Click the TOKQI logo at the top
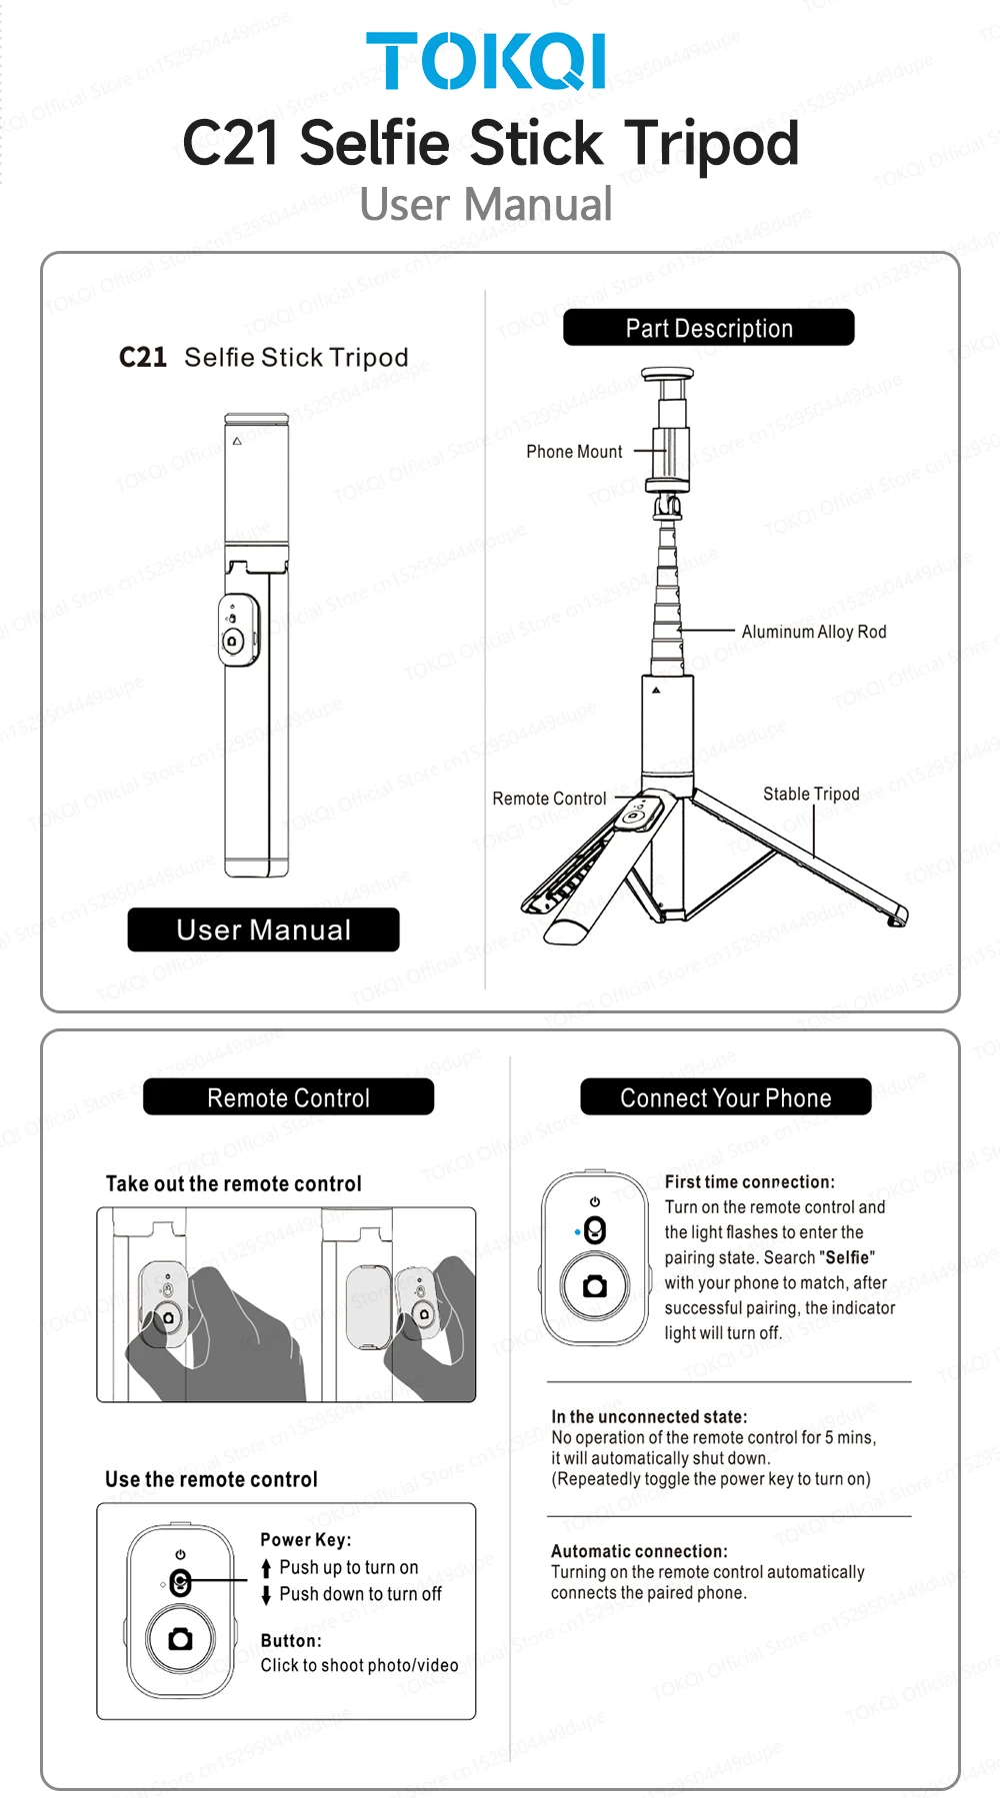[x=486, y=61]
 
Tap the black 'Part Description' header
[x=709, y=328]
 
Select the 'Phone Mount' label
[x=574, y=452]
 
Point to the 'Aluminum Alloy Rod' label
[x=814, y=632]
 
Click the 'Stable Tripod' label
[x=811, y=794]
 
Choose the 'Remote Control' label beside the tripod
[x=549, y=799]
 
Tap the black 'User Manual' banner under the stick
[x=263, y=929]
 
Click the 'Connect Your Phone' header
[x=726, y=1097]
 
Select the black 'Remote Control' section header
[x=288, y=1097]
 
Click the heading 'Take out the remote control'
[x=234, y=1183]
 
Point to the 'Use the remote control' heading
[x=211, y=1479]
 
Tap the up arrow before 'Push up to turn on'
[x=266, y=1568]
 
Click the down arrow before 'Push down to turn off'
[x=266, y=1595]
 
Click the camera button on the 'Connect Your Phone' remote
[x=595, y=1286]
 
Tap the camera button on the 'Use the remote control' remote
[x=181, y=1639]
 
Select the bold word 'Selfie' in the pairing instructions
[x=847, y=1257]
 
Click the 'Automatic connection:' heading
[x=639, y=1551]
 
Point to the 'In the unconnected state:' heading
[x=649, y=1416]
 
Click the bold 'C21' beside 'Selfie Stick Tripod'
[x=143, y=358]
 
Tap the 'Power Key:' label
[x=305, y=1540]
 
